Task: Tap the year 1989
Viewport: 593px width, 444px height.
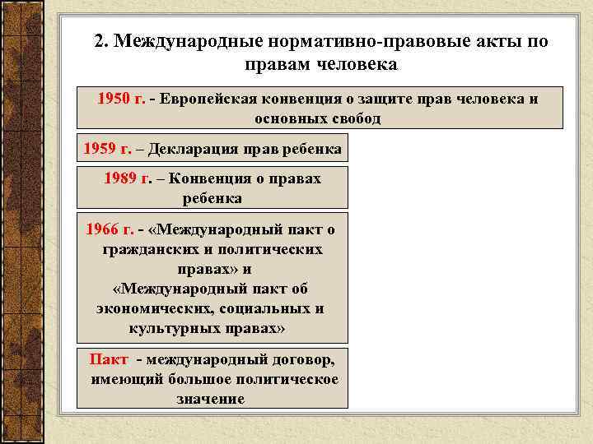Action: click(122, 178)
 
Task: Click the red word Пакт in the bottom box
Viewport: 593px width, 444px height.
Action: click(108, 360)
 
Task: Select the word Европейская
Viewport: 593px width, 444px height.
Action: click(211, 99)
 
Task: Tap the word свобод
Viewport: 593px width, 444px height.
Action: click(354, 118)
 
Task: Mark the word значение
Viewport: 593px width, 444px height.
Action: click(211, 399)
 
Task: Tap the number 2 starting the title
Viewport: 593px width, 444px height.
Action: click(100, 42)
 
